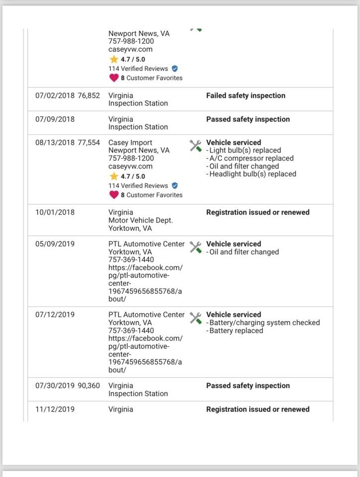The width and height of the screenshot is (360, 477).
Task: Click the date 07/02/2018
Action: [x=55, y=95]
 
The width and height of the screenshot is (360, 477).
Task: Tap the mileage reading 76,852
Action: [x=89, y=95]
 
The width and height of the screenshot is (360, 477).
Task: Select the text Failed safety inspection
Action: [x=246, y=95]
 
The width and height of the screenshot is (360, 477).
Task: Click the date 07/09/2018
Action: [x=55, y=119]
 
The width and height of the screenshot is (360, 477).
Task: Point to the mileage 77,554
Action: [x=89, y=143]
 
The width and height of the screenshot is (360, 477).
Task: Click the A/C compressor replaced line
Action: [x=251, y=159]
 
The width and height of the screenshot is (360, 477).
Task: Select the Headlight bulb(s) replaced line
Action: [x=252, y=174]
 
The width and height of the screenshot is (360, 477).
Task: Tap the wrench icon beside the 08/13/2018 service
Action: [x=195, y=146]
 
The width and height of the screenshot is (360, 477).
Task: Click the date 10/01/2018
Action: [x=55, y=212]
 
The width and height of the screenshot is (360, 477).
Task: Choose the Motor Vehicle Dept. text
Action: [x=141, y=221]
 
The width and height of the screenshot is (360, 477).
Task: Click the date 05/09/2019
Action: [x=55, y=244]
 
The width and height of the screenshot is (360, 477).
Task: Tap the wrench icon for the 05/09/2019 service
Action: [x=195, y=247]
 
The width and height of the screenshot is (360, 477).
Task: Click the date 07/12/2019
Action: [x=55, y=315]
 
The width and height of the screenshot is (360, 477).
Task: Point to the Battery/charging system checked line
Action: [x=264, y=323]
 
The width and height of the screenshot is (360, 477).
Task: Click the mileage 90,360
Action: [x=89, y=386]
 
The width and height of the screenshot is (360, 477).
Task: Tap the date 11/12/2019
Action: [x=55, y=409]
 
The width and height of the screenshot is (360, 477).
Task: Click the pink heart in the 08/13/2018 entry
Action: [x=114, y=195]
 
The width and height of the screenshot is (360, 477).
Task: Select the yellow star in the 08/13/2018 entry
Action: [x=114, y=176]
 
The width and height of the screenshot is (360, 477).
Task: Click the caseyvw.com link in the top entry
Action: [x=130, y=50]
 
